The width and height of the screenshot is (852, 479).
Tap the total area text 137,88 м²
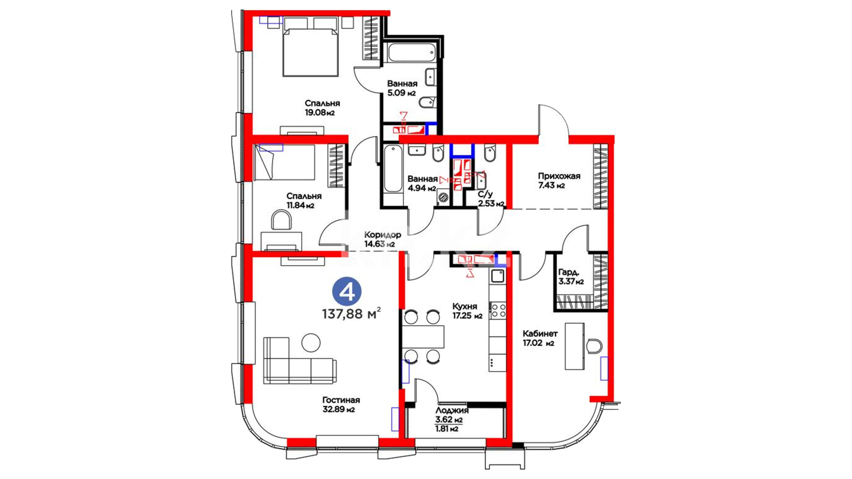pyautogui.click(x=351, y=314)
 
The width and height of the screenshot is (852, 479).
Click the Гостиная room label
pyautogui.click(x=341, y=400)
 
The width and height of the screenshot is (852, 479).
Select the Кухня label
pyautogui.click(x=465, y=306)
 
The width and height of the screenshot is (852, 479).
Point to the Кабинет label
pyautogui.click(x=540, y=334)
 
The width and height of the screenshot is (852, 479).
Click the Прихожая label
pyautogui.click(x=559, y=176)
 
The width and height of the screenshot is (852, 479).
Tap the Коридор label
pyautogui.click(x=383, y=235)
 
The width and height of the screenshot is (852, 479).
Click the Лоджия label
pyautogui.click(x=452, y=411)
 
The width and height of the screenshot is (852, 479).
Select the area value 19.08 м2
pyautogui.click(x=319, y=113)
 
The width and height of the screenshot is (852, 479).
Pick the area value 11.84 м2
pyautogui.click(x=300, y=205)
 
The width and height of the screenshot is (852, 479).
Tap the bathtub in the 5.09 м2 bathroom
pyautogui.click(x=411, y=53)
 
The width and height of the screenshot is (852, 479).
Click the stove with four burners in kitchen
pyautogui.click(x=497, y=310)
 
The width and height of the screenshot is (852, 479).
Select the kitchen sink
pyautogui.click(x=497, y=276)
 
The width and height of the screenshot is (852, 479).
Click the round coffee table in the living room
pyautogui.click(x=311, y=342)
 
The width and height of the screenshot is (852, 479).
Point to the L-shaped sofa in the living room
pyautogui.click(x=299, y=360)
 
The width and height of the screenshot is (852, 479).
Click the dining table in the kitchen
pyautogui.click(x=423, y=337)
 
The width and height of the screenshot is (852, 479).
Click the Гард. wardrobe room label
pyautogui.click(x=568, y=272)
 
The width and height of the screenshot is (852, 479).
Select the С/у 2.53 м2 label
pyautogui.click(x=491, y=199)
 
